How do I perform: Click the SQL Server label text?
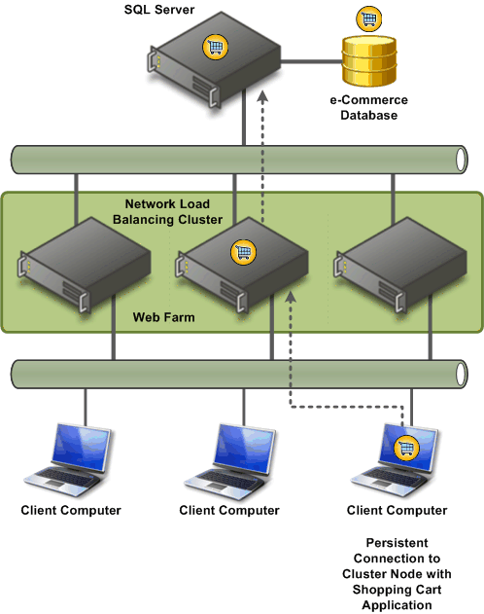click(159, 10)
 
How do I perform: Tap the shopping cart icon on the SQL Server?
click(215, 47)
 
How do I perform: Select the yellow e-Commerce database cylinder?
click(369, 61)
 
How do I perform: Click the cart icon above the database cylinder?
click(369, 18)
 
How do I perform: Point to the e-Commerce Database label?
click(368, 107)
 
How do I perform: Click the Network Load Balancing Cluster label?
click(168, 211)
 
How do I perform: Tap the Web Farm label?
click(164, 317)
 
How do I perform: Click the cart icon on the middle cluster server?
click(243, 252)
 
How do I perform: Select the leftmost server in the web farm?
click(84, 265)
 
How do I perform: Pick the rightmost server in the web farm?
click(400, 265)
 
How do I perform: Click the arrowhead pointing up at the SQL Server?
click(262, 96)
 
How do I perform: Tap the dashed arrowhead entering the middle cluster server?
click(291, 297)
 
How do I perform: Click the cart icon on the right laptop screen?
click(406, 448)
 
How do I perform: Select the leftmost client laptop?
click(68, 460)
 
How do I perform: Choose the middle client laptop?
click(230, 461)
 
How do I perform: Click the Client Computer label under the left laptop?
click(71, 510)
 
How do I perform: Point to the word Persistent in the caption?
click(397, 543)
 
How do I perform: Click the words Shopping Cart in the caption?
click(397, 590)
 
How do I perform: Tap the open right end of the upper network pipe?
click(462, 160)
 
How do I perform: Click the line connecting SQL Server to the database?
click(312, 61)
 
